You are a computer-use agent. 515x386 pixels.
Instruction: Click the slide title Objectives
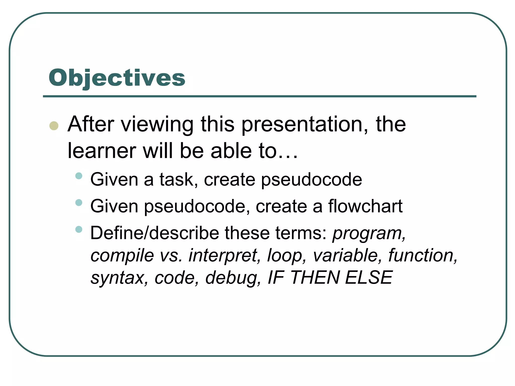(x=117, y=78)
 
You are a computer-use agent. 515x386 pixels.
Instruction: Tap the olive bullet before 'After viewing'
(x=54, y=126)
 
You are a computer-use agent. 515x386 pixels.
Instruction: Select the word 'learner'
(x=102, y=151)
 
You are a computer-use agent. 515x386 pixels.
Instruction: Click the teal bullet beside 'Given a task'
(x=79, y=176)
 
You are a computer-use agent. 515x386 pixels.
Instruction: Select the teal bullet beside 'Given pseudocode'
(x=79, y=203)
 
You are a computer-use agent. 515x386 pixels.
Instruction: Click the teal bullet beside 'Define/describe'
(x=79, y=229)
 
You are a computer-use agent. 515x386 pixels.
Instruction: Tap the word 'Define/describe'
(x=155, y=233)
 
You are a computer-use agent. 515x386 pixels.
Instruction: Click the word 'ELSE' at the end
(x=368, y=278)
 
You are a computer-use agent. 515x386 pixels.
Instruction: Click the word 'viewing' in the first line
(x=157, y=125)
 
